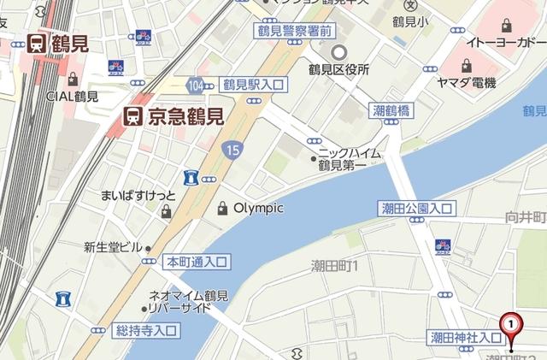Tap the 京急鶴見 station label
(169, 115)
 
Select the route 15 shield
(234, 150)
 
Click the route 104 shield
(198, 85)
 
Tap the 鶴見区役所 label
(339, 69)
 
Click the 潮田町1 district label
(335, 267)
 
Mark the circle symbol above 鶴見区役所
(338, 50)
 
